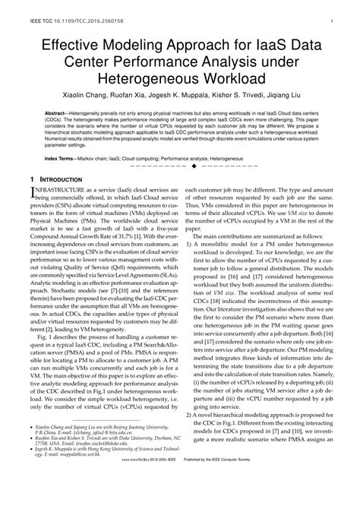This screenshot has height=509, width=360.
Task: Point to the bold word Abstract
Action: point(56,112)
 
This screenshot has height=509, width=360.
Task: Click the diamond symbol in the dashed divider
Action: point(194,165)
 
